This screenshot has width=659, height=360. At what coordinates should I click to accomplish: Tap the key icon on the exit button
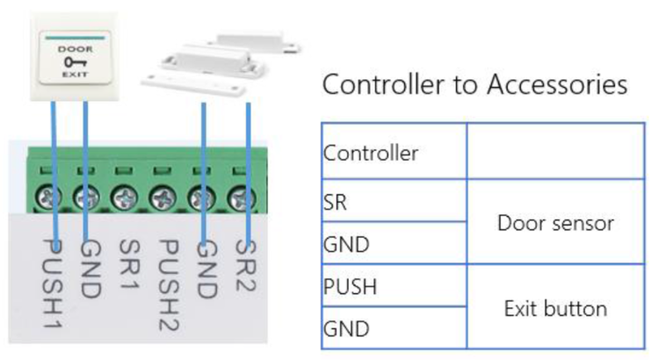tap(76, 62)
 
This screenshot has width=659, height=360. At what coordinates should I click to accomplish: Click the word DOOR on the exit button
tap(76, 49)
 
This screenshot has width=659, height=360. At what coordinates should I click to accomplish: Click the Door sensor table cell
tap(555, 222)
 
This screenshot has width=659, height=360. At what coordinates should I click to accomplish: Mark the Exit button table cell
tap(555, 307)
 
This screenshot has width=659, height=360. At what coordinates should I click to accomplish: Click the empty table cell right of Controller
tap(555, 152)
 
